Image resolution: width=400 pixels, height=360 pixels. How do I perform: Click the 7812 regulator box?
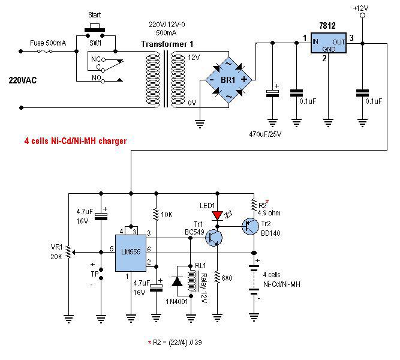click(328, 43)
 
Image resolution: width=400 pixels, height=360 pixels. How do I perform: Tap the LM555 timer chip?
click(131, 253)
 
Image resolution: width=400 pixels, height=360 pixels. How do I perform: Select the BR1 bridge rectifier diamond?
click(228, 80)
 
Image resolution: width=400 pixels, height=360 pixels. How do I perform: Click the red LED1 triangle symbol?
click(217, 215)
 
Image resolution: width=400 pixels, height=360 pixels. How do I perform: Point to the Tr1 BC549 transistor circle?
click(213, 238)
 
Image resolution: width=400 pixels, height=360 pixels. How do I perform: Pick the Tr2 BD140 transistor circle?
click(250, 226)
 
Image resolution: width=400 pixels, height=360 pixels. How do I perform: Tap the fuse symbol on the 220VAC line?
click(44, 52)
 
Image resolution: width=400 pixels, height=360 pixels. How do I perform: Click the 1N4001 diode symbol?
click(178, 281)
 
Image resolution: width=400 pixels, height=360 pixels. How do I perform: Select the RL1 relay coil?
click(193, 281)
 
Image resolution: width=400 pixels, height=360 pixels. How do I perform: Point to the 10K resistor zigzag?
click(156, 214)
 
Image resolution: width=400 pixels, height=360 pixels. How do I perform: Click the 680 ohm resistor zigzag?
click(217, 277)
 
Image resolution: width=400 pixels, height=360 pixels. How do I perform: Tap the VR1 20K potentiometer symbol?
click(68, 252)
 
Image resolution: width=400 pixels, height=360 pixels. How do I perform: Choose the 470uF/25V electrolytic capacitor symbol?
click(272, 94)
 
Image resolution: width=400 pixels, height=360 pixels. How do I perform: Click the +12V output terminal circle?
click(362, 16)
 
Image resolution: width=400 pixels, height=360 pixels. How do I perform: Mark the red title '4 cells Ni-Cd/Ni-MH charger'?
click(76, 140)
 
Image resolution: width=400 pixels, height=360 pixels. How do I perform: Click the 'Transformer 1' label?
click(167, 44)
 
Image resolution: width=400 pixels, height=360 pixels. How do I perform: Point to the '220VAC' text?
click(23, 80)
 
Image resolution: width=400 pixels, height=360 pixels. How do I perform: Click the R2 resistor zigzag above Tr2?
click(254, 205)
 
